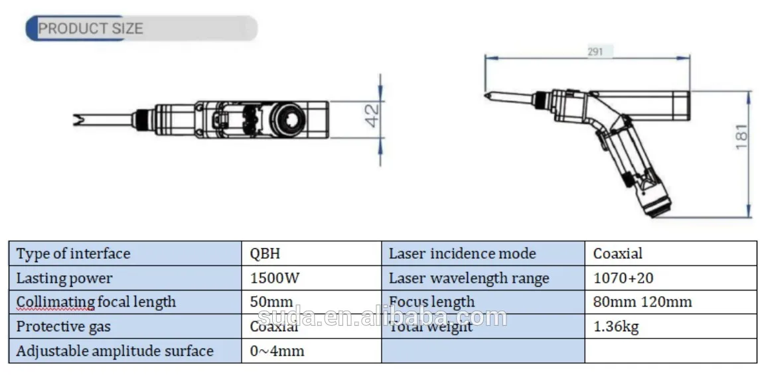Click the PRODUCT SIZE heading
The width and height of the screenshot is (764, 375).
[x=90, y=29]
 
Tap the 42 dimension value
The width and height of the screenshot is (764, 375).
[x=372, y=115]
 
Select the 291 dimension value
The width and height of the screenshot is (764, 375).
[x=595, y=52]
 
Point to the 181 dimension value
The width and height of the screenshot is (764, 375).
[x=742, y=137]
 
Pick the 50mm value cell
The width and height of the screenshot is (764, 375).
[x=271, y=302]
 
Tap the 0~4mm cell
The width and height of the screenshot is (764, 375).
[x=277, y=351]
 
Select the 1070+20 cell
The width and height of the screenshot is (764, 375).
[x=623, y=278]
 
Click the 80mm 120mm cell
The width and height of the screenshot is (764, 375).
[x=642, y=302]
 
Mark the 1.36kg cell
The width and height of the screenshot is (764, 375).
[x=615, y=327]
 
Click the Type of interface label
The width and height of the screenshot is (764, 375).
[x=73, y=254]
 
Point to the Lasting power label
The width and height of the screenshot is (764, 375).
[x=64, y=278]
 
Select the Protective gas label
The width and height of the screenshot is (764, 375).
[x=63, y=327]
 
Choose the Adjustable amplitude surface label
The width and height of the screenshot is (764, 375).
[x=114, y=351]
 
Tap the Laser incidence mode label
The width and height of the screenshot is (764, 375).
[x=462, y=254]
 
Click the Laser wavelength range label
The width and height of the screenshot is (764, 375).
[x=469, y=278]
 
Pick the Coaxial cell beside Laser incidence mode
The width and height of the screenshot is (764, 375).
[x=617, y=254]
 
